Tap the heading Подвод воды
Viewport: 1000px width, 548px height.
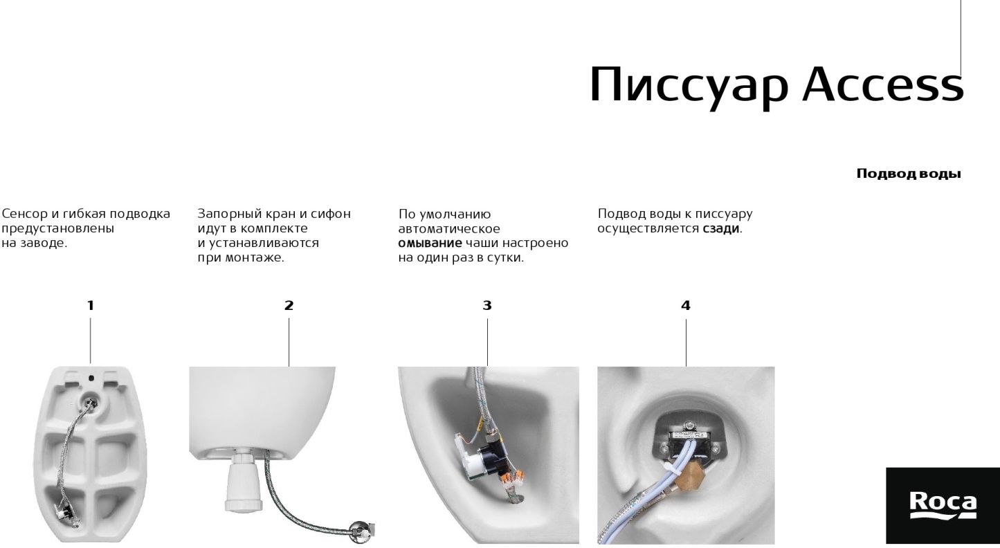tap(909, 174)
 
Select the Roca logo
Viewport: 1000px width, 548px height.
tap(943, 505)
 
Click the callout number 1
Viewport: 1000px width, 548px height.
tap(91, 306)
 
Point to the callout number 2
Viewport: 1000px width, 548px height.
tap(289, 306)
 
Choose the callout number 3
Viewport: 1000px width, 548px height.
tap(487, 306)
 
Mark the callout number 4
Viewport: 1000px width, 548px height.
tap(686, 306)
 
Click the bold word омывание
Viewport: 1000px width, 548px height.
tap(430, 243)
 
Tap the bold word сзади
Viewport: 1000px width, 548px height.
tap(721, 229)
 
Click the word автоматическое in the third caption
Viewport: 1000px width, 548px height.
tap(449, 229)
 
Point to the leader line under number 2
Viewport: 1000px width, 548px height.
tap(289, 342)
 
